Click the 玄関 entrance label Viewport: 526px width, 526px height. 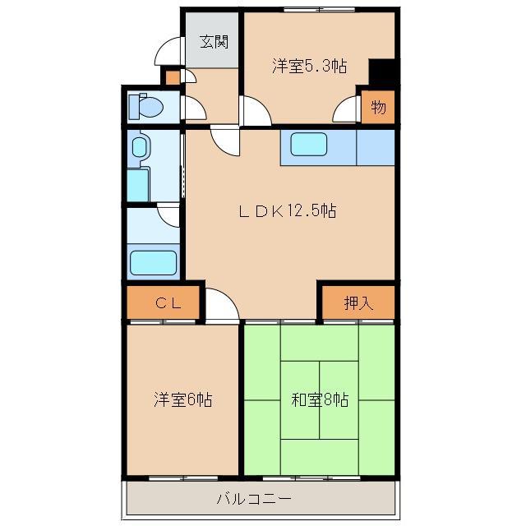click(x=214, y=42)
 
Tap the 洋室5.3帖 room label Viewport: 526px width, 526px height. click(x=310, y=66)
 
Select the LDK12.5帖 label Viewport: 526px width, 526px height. click(x=288, y=211)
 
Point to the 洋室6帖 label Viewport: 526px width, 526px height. click(x=182, y=399)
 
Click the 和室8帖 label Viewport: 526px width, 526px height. click(x=320, y=399)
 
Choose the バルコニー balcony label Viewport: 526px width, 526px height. click(x=254, y=499)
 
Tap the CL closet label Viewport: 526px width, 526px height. click(x=168, y=303)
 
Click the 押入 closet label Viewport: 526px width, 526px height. click(x=358, y=303)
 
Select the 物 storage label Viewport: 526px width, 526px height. click(x=378, y=108)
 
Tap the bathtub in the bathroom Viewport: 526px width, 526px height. click(x=154, y=263)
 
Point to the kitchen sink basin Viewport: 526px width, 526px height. click(x=309, y=145)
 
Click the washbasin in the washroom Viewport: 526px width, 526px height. click(x=139, y=147)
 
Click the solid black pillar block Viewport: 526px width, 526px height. click(x=381, y=72)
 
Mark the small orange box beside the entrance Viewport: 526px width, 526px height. click(x=173, y=78)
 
